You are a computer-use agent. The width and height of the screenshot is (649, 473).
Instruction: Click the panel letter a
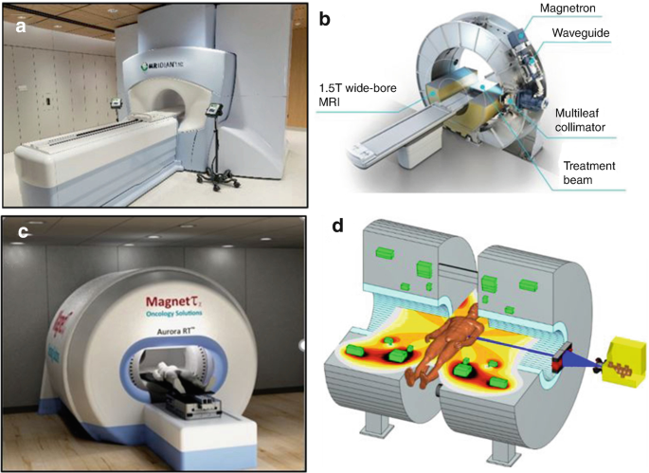point(19,27)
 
